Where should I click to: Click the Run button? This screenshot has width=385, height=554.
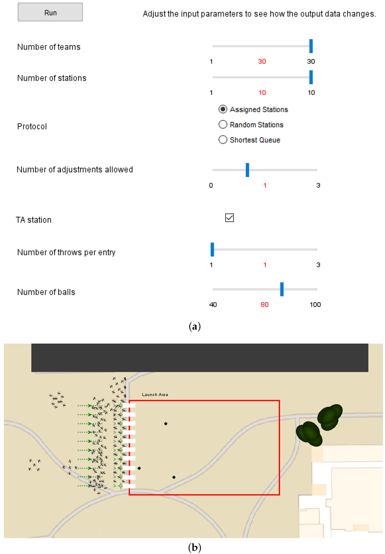click(50, 12)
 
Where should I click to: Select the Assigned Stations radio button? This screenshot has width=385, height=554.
click(223, 109)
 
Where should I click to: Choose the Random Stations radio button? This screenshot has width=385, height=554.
click(223, 124)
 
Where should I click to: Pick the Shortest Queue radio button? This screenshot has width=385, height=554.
click(223, 140)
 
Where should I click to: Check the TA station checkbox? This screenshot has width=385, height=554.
click(229, 218)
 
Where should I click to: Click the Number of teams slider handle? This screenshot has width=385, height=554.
click(311, 46)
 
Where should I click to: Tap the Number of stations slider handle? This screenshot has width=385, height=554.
click(311, 77)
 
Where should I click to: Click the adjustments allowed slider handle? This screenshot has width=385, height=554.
click(247, 170)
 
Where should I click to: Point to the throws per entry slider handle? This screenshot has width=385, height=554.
click(212, 249)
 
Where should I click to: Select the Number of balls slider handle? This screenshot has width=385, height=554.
click(282, 289)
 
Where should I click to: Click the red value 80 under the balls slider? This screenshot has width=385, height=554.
click(265, 304)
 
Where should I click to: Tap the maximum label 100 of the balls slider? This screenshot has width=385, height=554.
click(315, 304)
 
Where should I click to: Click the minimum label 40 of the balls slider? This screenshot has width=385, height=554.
click(213, 304)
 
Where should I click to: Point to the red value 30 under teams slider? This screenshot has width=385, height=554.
click(262, 61)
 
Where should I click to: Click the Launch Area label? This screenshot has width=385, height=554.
click(155, 395)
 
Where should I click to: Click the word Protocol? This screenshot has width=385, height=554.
click(32, 126)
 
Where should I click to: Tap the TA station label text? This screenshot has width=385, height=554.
click(33, 220)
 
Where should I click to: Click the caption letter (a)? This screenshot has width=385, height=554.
click(194, 326)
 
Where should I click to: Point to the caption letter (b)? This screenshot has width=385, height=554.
click(194, 547)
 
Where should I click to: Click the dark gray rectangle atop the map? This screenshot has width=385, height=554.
click(200, 357)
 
